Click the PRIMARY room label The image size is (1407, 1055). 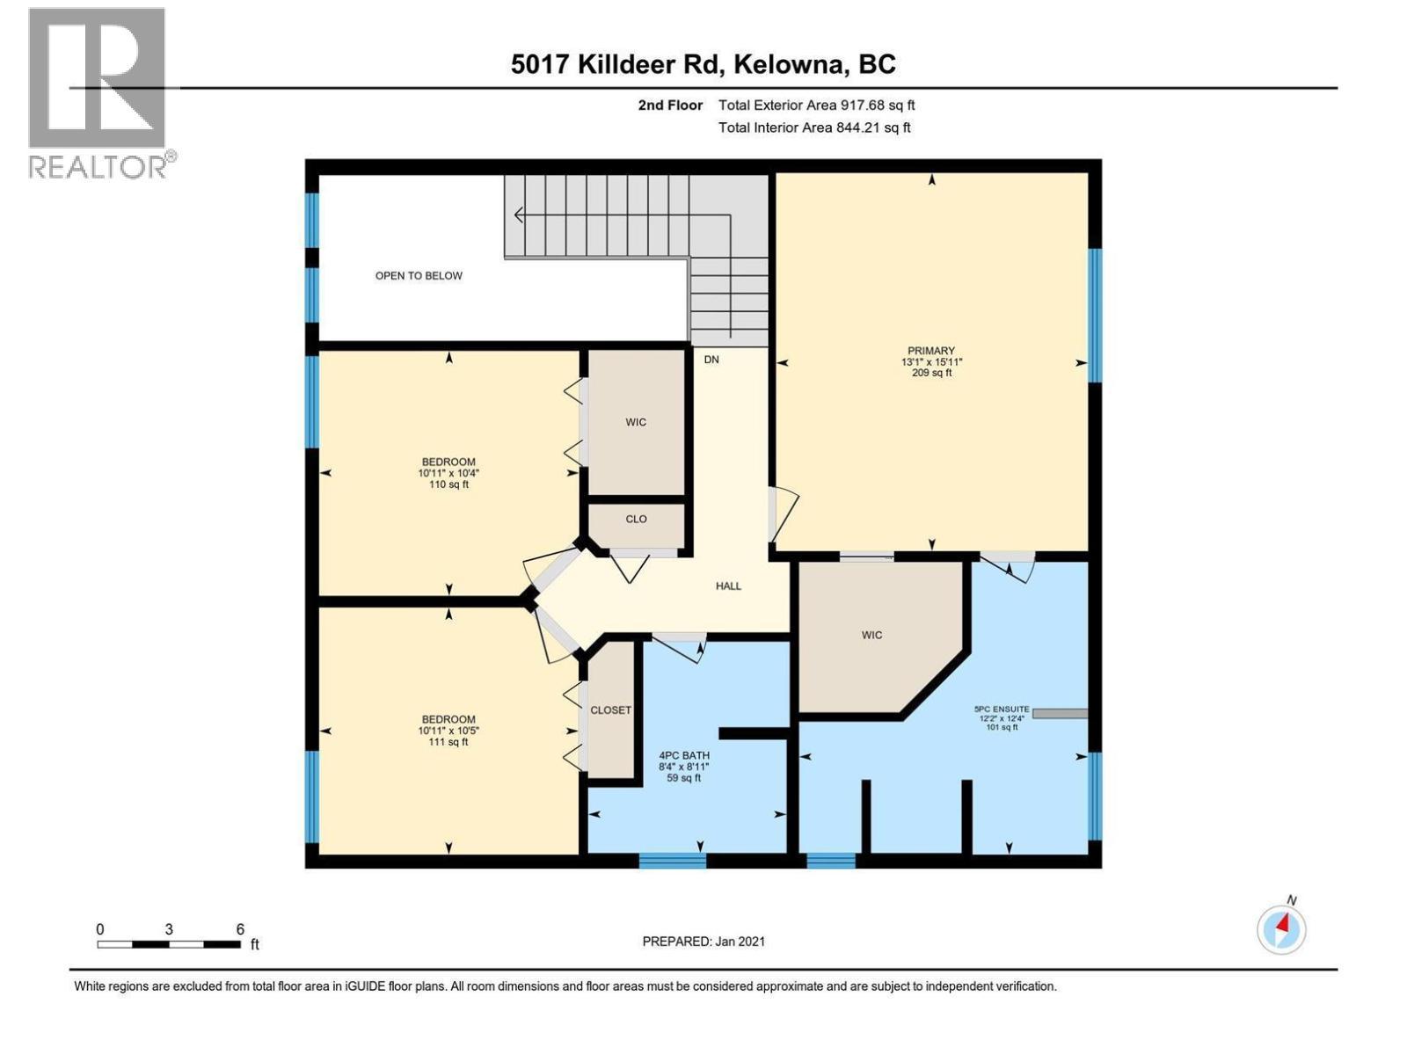tap(930, 351)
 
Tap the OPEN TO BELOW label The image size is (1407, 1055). tap(419, 275)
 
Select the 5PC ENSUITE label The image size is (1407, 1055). tap(1002, 709)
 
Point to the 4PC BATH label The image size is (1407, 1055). tap(684, 755)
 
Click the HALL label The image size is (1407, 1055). tap(728, 586)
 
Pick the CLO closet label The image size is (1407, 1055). tap(636, 519)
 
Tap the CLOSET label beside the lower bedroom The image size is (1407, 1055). tap(610, 709)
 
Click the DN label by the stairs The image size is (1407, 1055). tap(711, 360)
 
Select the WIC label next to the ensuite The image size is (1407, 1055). tap(871, 635)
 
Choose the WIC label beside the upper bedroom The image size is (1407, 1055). tap(636, 421)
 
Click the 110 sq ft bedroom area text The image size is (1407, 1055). tap(448, 484)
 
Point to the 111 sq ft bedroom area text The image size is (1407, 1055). tap(448, 742)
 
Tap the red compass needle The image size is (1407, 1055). tap(1283, 924)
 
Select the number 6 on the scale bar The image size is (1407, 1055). tap(240, 928)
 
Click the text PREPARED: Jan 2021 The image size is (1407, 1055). tap(703, 941)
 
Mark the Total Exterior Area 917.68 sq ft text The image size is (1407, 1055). tap(817, 105)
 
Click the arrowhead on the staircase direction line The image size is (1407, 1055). tap(519, 215)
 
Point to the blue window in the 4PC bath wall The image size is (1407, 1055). tap(673, 861)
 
